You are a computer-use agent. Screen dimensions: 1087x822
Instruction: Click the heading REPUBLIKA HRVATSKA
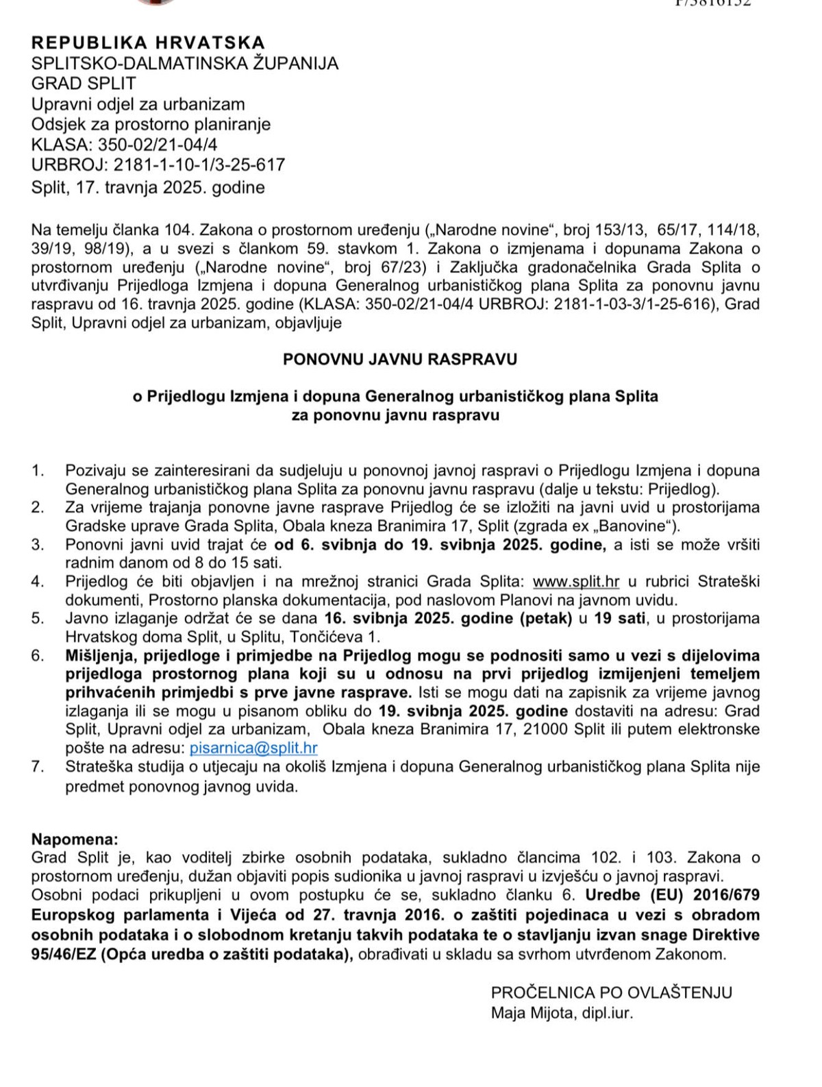[148, 42]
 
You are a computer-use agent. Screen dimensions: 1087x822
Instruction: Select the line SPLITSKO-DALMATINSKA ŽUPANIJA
[185, 63]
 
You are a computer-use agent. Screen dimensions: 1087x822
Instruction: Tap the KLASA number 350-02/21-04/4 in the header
[158, 145]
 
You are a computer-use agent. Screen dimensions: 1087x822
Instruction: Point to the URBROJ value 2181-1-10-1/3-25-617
[199, 164]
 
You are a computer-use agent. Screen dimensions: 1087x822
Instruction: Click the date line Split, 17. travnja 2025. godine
[148, 187]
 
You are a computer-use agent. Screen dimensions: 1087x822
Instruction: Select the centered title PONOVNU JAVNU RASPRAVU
[400, 359]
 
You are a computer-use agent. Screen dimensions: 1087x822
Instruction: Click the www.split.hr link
[575, 582]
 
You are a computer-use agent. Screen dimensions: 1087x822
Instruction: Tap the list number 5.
[38, 619]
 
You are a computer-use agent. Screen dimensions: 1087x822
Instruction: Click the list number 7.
[38, 767]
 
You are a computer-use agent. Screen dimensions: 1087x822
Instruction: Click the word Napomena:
[75, 840]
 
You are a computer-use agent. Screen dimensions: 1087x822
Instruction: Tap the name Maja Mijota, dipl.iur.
[562, 1013]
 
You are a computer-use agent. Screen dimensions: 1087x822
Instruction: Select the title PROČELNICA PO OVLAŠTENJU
[611, 992]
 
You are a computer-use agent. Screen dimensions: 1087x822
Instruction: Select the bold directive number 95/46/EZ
[63, 954]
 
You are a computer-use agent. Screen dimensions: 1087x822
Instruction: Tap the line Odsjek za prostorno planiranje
[151, 124]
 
